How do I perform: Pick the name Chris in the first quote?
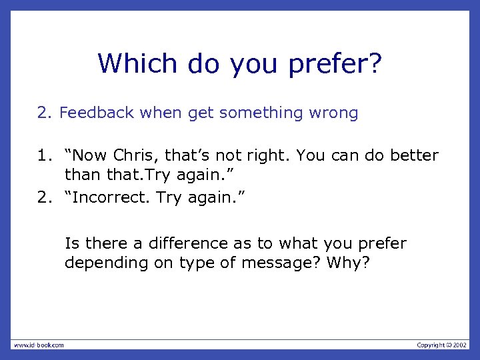tap(133, 156)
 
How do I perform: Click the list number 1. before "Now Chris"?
tap(43, 156)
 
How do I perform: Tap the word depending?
tap(97, 263)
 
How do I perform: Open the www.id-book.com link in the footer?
tap(39, 345)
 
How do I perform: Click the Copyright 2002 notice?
tap(442, 345)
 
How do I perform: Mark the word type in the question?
tap(195, 263)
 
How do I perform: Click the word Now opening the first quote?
tap(87, 156)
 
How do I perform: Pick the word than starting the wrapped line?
tap(81, 175)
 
